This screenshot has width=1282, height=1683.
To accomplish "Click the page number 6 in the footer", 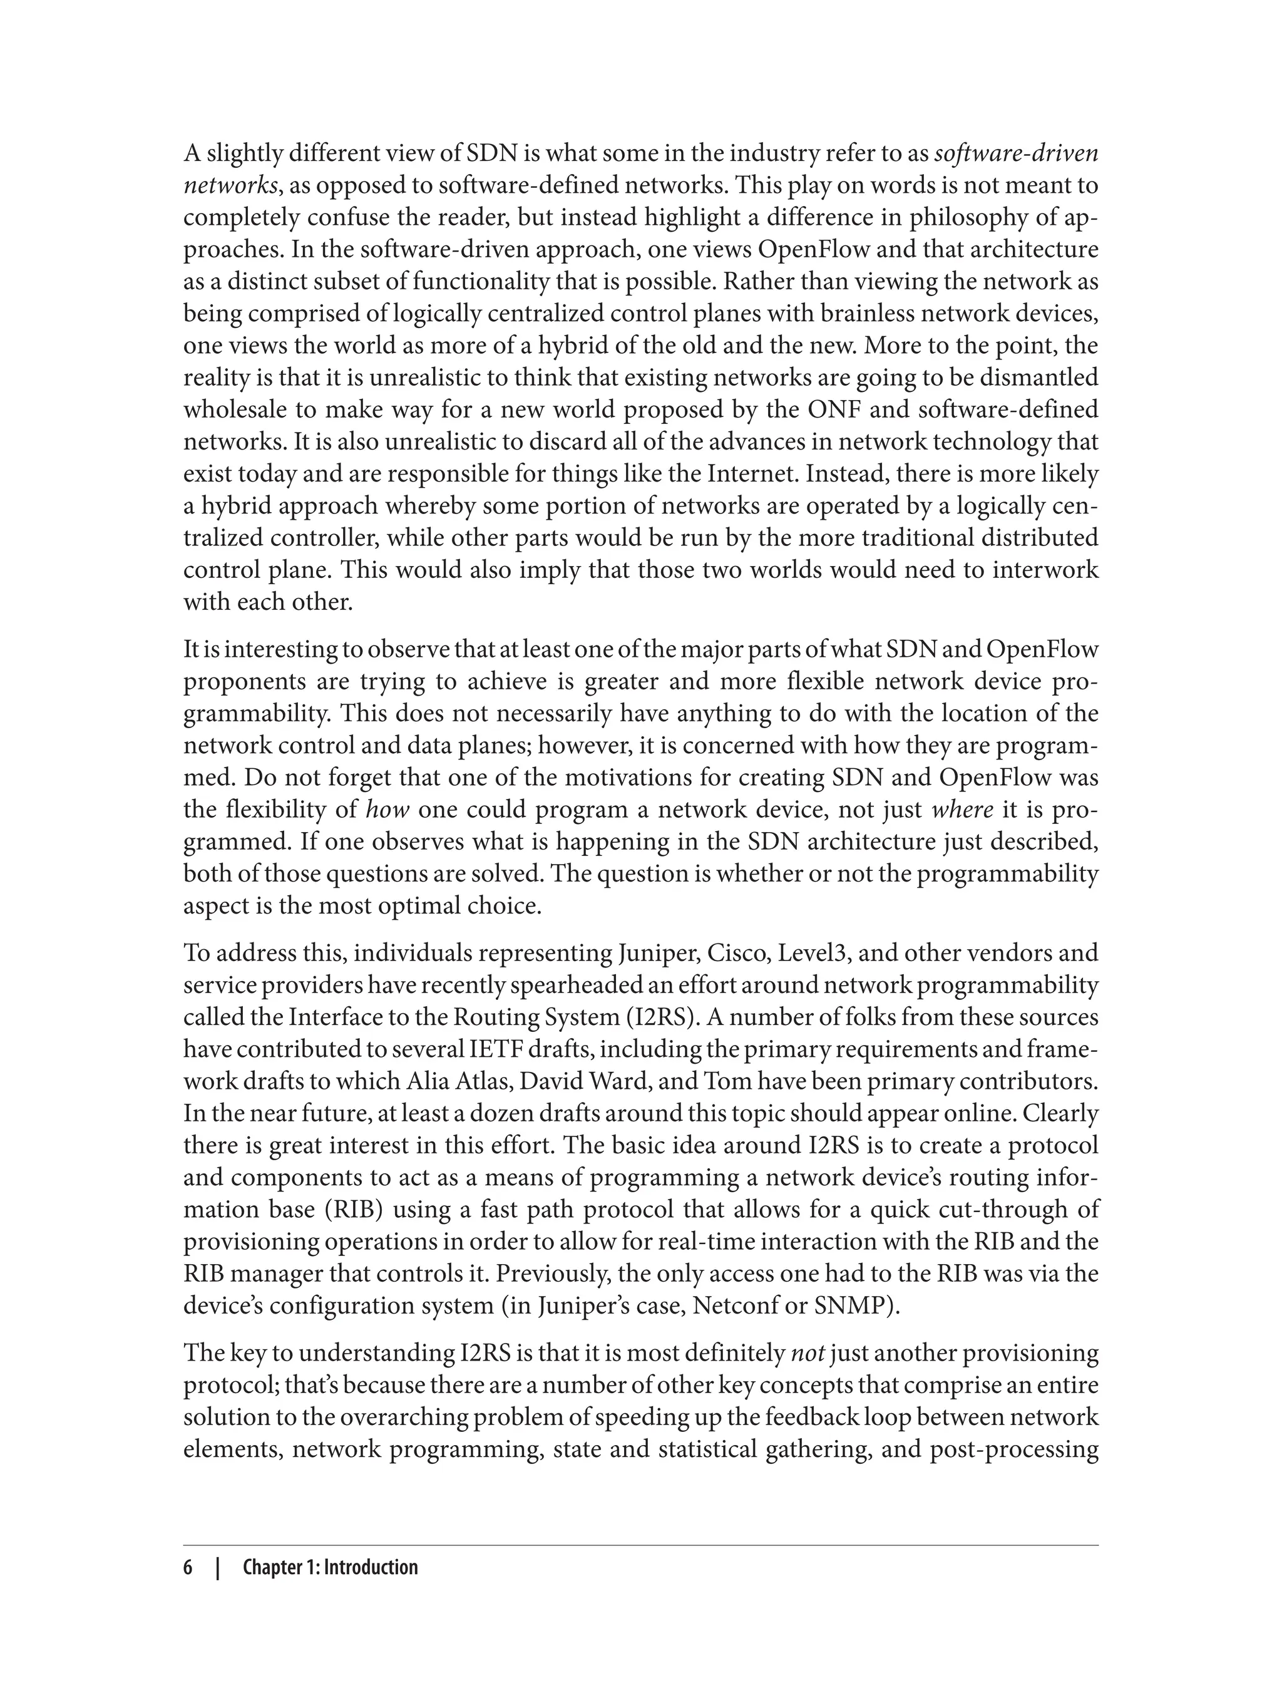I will pos(188,1568).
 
